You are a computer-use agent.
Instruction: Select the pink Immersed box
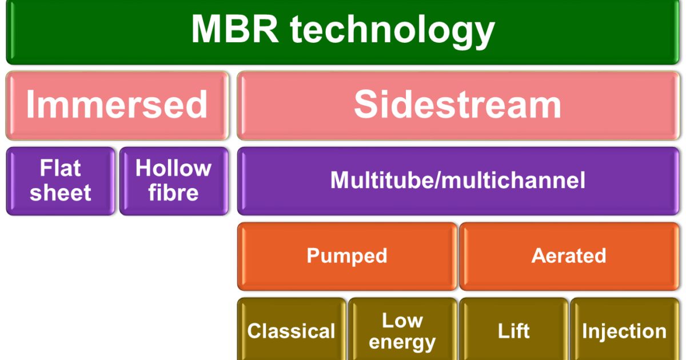[x=117, y=105]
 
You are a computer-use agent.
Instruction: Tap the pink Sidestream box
[x=458, y=105]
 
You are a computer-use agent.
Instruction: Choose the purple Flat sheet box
[x=61, y=181]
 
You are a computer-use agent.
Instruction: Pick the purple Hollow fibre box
[x=173, y=181]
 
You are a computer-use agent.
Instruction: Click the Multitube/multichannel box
[x=458, y=181]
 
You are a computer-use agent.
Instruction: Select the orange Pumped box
[x=347, y=256]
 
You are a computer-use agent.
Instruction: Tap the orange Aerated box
[x=569, y=256]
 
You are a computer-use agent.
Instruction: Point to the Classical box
[x=292, y=331]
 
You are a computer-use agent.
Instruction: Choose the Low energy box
[x=402, y=331]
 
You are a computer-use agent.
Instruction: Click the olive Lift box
[x=513, y=331]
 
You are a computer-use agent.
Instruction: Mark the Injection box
[x=624, y=331]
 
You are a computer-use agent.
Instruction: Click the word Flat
[x=61, y=169]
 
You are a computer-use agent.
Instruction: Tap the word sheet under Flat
[x=61, y=193]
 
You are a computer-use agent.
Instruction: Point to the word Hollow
[x=173, y=169]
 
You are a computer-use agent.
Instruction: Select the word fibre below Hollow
[x=173, y=193]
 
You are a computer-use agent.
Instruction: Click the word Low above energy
[x=402, y=321]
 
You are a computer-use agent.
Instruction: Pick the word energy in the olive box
[x=402, y=343]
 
